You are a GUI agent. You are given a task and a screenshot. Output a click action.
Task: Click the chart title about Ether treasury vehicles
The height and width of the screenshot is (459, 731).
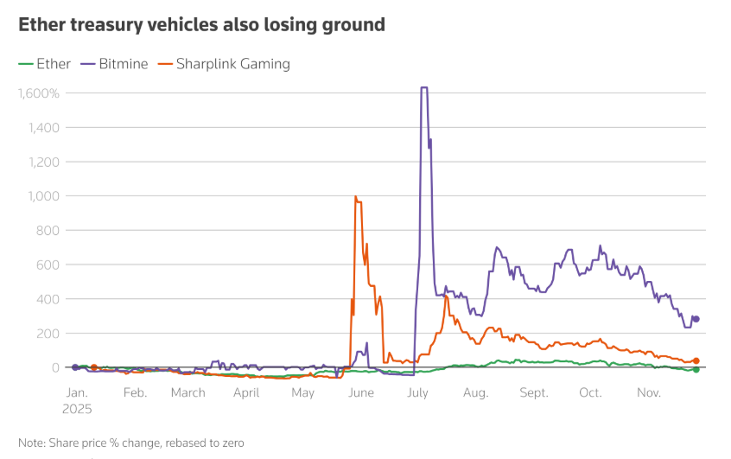pos(201,25)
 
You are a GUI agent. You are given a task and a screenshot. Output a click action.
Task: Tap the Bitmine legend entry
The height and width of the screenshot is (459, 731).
pos(114,64)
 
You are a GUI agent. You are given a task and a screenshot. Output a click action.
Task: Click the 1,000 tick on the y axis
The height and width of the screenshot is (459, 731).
pos(41,196)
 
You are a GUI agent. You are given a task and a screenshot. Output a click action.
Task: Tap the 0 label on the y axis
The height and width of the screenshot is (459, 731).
pos(54,367)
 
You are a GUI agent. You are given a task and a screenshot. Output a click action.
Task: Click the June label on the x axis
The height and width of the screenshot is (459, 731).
pos(359,392)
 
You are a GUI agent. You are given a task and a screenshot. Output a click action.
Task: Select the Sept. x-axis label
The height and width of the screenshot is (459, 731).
pos(533,392)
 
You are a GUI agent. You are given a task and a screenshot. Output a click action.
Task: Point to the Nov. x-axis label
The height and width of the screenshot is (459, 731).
pos(648,392)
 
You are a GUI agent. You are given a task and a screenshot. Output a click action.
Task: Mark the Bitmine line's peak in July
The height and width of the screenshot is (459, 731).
pos(424,88)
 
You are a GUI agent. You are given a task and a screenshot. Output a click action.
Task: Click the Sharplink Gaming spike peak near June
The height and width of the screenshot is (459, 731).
pos(356,197)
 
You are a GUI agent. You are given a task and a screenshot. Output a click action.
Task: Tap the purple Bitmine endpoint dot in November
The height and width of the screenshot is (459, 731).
pos(696,319)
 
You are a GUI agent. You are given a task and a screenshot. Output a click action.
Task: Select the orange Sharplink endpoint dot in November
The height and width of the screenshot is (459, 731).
pos(696,360)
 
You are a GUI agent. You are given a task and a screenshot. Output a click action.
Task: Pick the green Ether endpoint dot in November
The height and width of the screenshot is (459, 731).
pos(696,369)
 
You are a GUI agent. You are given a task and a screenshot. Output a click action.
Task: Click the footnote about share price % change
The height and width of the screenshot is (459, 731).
pos(131,443)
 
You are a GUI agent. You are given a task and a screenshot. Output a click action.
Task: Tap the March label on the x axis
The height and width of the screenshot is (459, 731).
pos(188,392)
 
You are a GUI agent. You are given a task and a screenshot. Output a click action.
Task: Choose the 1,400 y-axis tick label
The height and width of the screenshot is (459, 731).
pos(41,128)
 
